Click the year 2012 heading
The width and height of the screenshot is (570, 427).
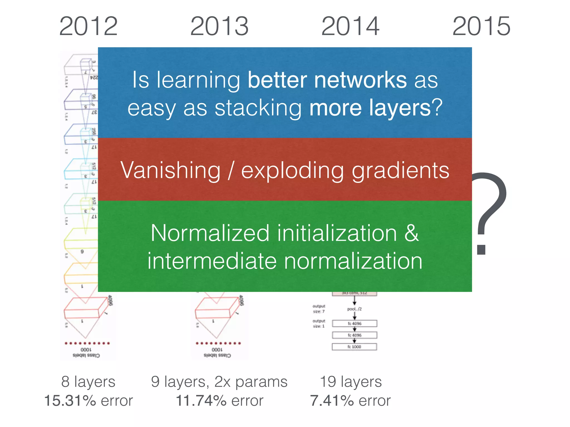tap(89, 26)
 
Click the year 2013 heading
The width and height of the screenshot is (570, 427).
tap(219, 26)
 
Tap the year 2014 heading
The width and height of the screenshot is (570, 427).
tap(350, 26)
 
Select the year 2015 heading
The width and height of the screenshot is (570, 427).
tap(481, 26)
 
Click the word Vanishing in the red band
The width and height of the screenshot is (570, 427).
tap(170, 170)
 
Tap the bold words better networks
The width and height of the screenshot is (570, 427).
tap(327, 80)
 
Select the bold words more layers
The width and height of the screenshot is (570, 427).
tap(370, 108)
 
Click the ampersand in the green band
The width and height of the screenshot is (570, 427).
tap(411, 233)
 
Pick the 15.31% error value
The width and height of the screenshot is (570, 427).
tap(70, 401)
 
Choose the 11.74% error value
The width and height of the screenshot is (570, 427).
tap(201, 401)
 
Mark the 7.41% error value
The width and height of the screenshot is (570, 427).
tap(332, 401)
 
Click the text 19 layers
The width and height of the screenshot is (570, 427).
tap(351, 381)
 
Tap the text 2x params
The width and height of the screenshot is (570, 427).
tap(251, 381)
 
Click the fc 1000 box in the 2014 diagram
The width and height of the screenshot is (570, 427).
tap(354, 347)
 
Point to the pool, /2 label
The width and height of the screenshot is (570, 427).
tap(354, 309)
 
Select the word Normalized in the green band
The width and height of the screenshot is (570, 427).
tap(210, 233)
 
